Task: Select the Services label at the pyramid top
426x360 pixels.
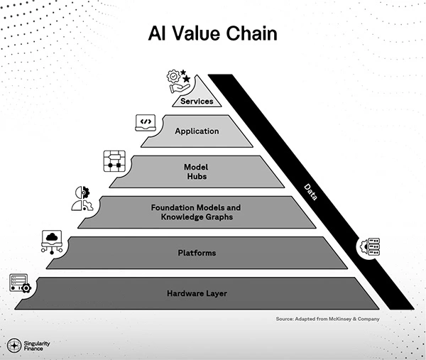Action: (197, 102)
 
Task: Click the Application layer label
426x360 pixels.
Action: (197, 131)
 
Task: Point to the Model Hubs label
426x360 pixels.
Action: (197, 172)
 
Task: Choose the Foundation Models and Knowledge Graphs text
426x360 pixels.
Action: (197, 211)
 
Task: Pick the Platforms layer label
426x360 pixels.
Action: (197, 253)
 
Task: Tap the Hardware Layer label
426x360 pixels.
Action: (197, 293)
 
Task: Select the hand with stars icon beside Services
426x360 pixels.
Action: (177, 80)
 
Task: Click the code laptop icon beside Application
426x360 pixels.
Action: (145, 123)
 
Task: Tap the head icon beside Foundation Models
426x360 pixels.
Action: (82, 199)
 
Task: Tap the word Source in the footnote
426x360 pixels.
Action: (285, 319)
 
